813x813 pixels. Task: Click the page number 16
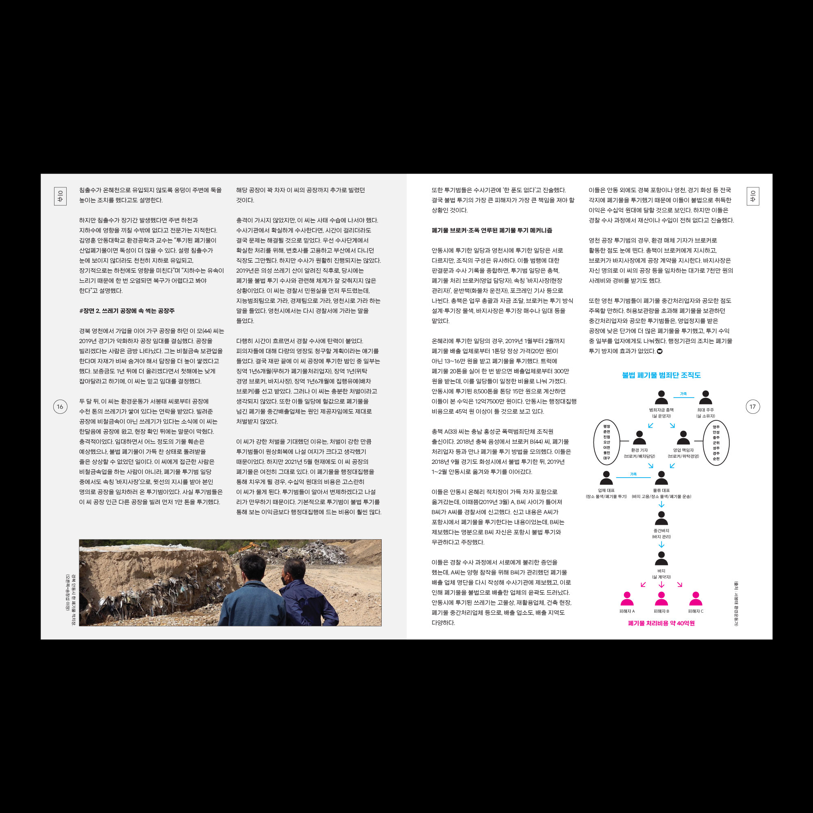click(x=60, y=406)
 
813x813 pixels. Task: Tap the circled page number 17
click(x=753, y=406)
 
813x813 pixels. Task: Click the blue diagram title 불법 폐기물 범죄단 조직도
click(x=661, y=375)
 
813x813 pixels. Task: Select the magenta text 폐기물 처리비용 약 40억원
click(x=661, y=623)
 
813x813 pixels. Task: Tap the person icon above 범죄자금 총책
click(x=661, y=398)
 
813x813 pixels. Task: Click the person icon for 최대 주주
click(x=705, y=398)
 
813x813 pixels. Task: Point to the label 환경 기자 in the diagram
click(x=639, y=450)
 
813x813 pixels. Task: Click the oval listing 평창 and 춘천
click(x=606, y=442)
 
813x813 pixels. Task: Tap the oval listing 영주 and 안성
click(x=716, y=442)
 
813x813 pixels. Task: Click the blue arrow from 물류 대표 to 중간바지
click(x=661, y=504)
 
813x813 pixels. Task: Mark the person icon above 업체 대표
click(x=606, y=478)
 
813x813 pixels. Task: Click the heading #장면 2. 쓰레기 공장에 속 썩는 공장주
click(x=127, y=311)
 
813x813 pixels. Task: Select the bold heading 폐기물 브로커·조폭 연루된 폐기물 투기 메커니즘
click(x=492, y=230)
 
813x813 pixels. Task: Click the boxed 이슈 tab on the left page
click(x=60, y=196)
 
